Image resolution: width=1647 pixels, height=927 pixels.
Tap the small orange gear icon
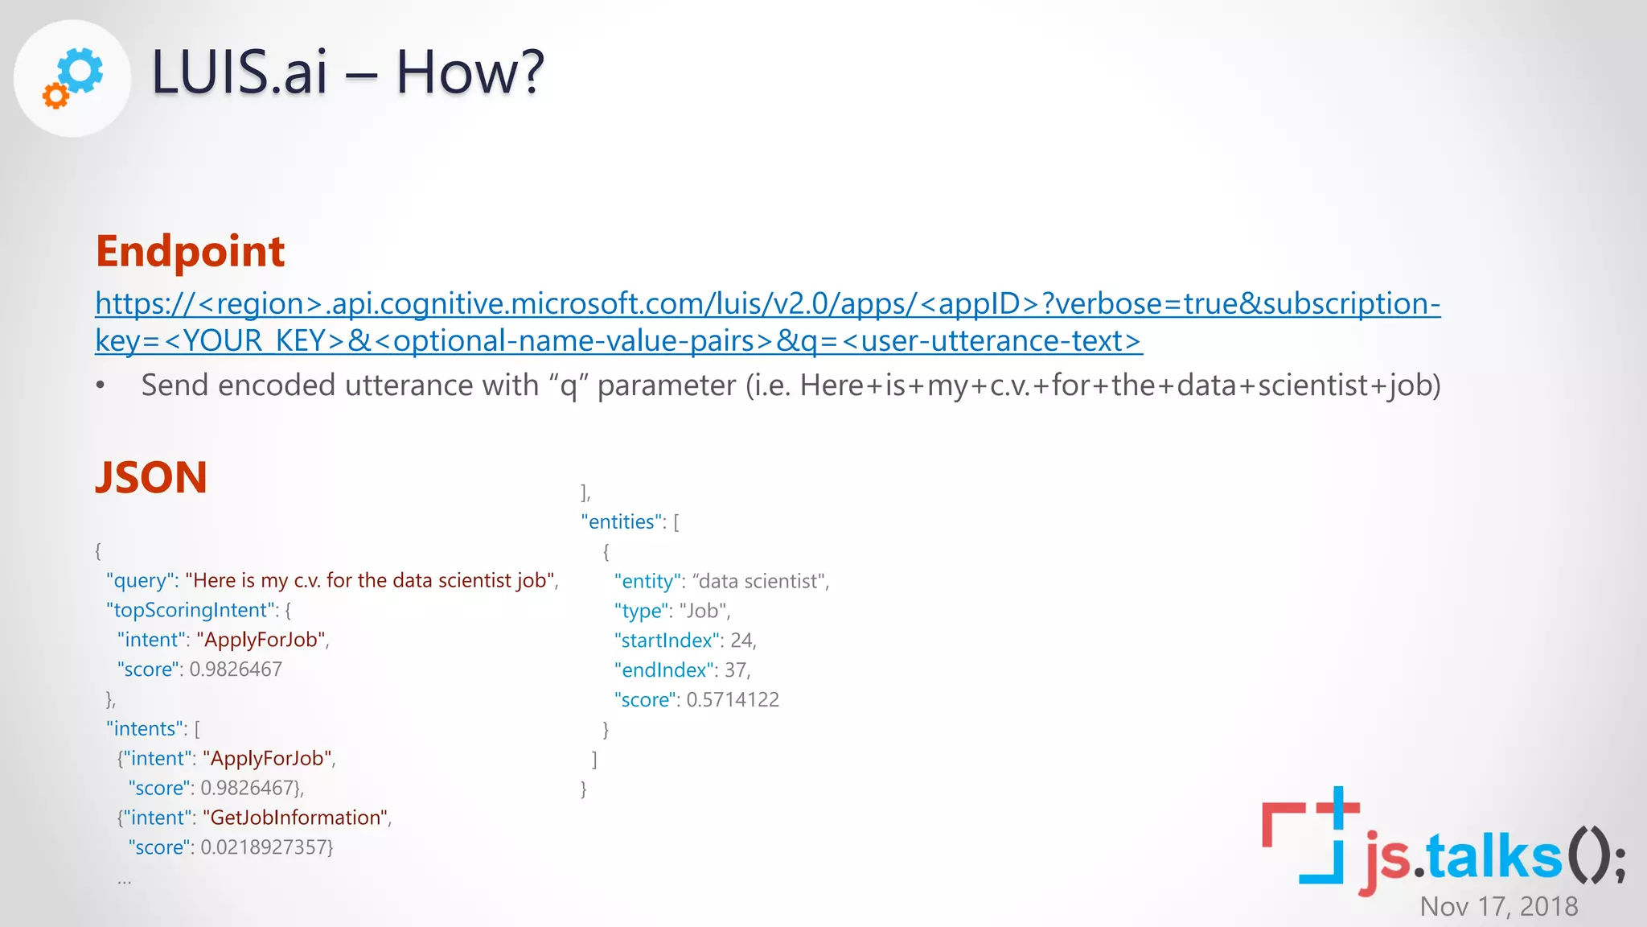[55, 96]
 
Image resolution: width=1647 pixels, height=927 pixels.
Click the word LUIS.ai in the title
[240, 72]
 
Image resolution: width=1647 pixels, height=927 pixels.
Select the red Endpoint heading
[190, 251]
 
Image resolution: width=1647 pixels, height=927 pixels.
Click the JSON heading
[151, 477]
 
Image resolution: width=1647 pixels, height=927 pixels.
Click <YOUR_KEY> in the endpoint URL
[255, 341]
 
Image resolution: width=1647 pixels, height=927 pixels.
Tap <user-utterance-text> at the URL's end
[991, 341]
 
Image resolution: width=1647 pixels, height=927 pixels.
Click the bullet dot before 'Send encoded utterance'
[101, 385]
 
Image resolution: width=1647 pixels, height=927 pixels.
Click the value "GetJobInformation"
[296, 818]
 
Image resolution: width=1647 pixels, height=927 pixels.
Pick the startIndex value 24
[741, 641]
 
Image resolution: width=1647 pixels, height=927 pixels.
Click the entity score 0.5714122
[732, 700]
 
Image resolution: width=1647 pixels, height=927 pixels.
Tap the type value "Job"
[704, 611]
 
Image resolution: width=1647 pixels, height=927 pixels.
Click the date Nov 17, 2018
[1498, 907]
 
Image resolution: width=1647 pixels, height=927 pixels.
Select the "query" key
[142, 580]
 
